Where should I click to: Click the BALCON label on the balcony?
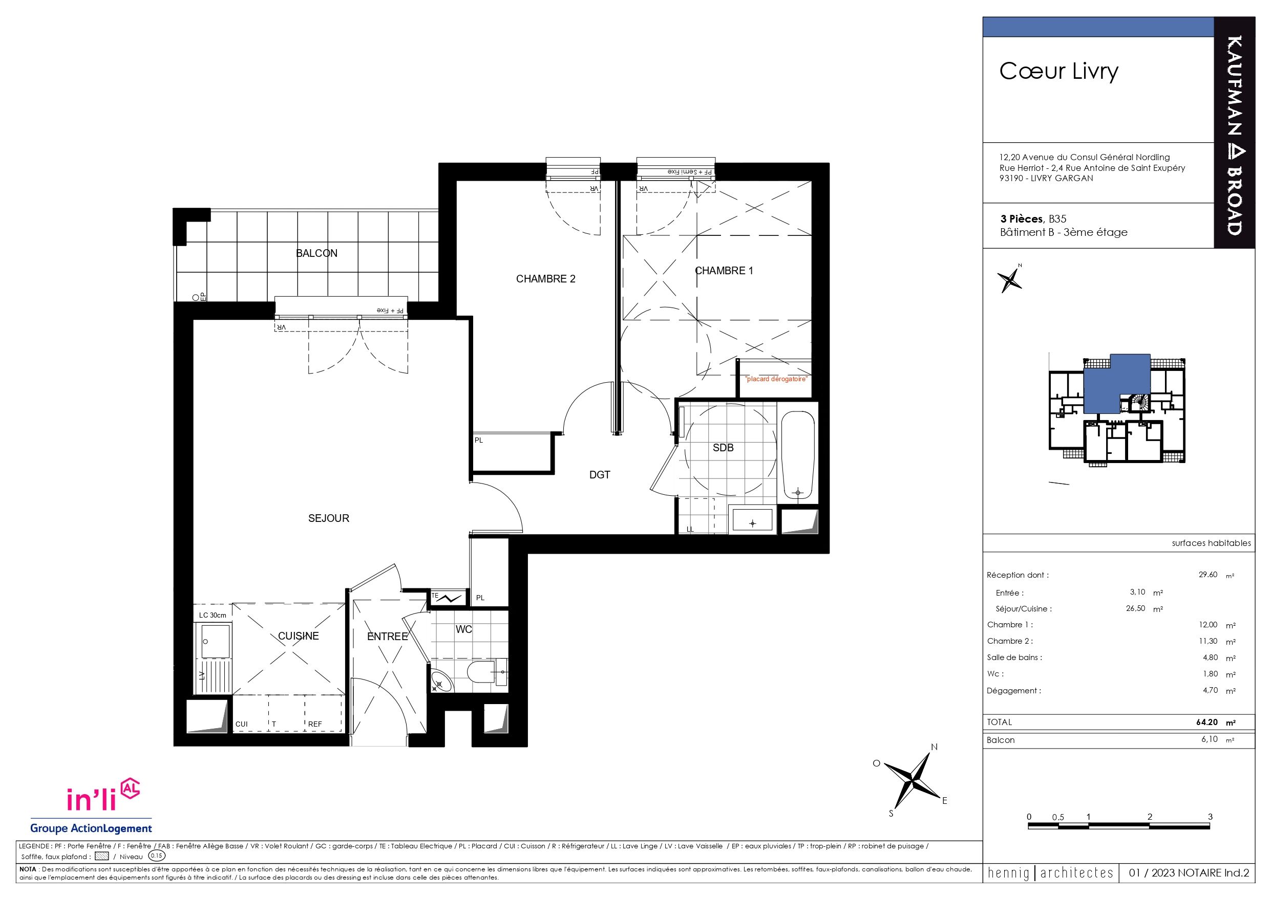(x=316, y=253)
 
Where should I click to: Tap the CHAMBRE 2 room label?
(x=545, y=279)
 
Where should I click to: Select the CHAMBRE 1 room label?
(x=724, y=271)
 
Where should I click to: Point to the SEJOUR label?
(x=328, y=518)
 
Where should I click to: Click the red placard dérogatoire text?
(x=776, y=379)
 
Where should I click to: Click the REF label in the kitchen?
(x=315, y=724)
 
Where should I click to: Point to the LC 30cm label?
(x=213, y=615)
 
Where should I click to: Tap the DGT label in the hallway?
(x=600, y=475)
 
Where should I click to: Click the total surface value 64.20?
(x=1208, y=722)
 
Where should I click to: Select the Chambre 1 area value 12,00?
(x=1208, y=625)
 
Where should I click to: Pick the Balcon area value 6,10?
(x=1210, y=739)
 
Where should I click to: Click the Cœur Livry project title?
(x=1058, y=71)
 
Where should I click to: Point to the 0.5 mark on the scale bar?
(x=1058, y=817)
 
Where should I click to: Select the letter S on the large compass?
(x=891, y=814)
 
